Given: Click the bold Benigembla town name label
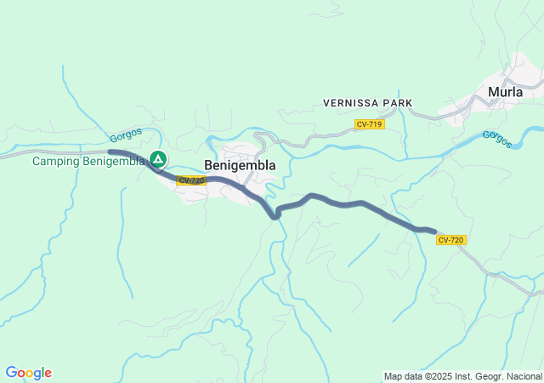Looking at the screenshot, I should [240, 166].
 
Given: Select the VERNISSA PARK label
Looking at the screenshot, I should [367, 103].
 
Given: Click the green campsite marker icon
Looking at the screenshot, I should [158, 158].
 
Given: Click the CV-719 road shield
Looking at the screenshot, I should [370, 124].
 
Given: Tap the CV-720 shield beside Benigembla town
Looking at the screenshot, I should [191, 180].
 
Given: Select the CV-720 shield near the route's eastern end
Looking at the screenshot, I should [450, 240].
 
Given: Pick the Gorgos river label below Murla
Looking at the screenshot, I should [497, 139].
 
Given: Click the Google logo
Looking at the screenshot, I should [28, 373].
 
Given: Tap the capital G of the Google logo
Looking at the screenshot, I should [11, 373].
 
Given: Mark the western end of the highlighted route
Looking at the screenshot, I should [110, 151].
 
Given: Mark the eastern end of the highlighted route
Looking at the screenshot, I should [434, 231].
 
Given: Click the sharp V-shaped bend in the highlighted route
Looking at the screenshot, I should [275, 216].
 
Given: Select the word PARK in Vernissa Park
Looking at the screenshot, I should [398, 103].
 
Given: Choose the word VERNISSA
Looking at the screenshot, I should [351, 103].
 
